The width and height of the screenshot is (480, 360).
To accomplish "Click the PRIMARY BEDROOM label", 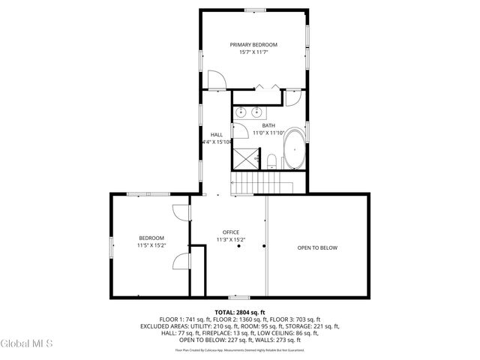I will point(253,45).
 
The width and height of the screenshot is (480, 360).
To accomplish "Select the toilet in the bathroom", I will point(272,160).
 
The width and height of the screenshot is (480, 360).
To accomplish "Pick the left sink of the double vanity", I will point(241,113).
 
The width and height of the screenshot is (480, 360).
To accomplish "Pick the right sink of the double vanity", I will point(259,113).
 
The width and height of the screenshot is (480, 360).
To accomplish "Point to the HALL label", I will point(216,134).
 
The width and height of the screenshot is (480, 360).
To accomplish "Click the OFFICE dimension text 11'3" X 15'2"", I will point(230,240).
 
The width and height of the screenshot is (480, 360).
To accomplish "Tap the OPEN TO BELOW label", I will point(317,247).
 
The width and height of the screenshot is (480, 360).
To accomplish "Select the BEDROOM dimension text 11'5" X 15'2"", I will point(151,245).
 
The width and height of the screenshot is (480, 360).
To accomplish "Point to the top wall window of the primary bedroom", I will point(253,10).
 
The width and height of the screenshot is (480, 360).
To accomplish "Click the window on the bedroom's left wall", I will point(112,247).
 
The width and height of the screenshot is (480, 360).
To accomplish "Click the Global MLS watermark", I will point(27,344).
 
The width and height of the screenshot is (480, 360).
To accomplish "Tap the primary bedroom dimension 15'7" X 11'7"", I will point(253,52).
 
